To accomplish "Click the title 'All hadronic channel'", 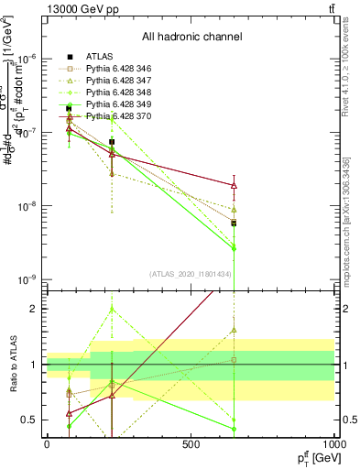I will point(191,38).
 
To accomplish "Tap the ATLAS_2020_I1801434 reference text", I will point(191,273).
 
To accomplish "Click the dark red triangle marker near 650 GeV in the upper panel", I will point(235,186).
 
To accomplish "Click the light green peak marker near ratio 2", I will point(112,310).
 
